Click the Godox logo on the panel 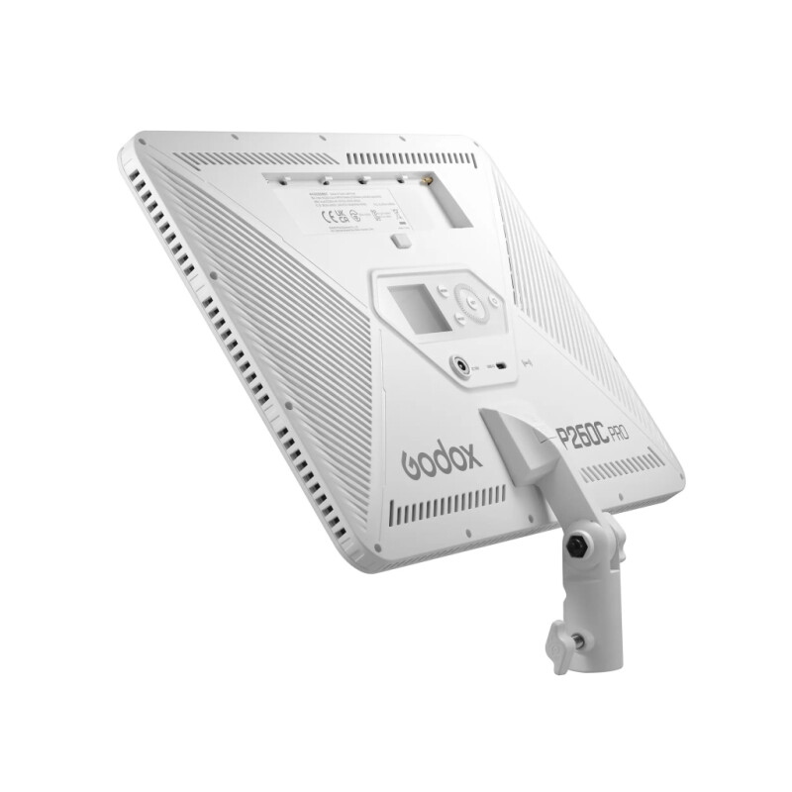443,459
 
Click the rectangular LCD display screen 414,308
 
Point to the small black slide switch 505,366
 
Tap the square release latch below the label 400,241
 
